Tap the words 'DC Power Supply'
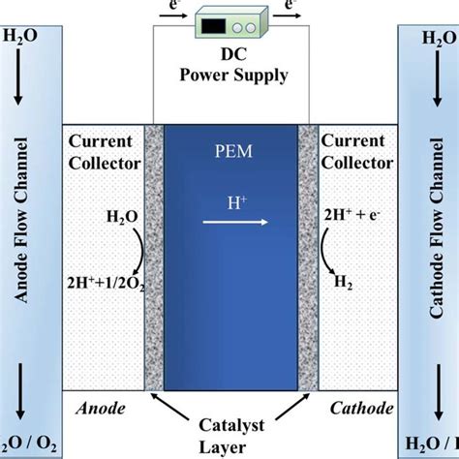click(229, 64)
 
